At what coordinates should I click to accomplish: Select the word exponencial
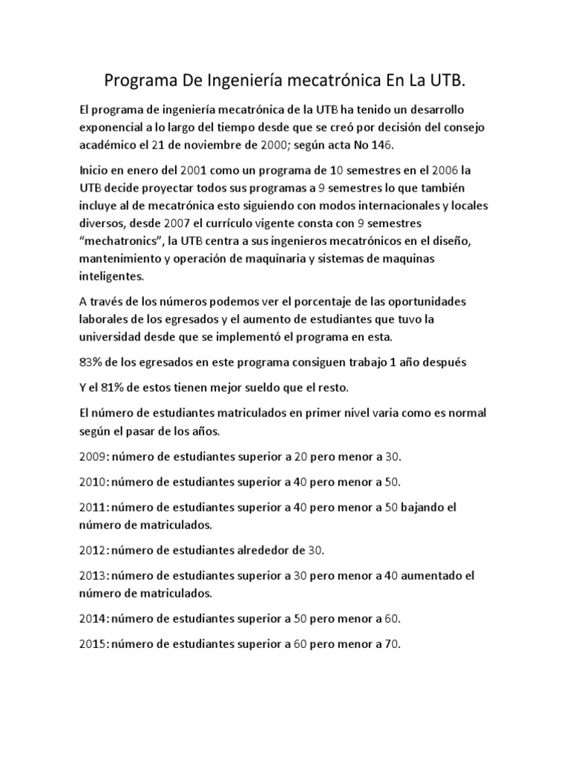click(x=114, y=128)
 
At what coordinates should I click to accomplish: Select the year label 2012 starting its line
click(x=93, y=550)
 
